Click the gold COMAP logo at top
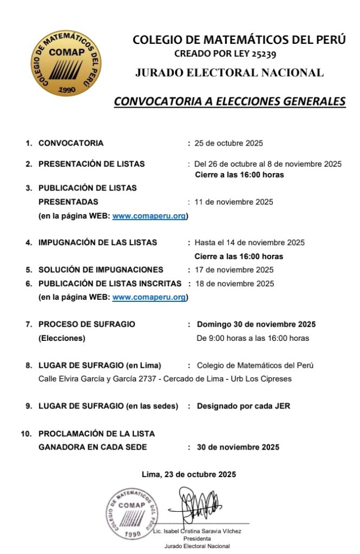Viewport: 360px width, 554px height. click(66, 63)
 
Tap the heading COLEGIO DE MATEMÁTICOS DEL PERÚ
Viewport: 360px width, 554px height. click(239, 40)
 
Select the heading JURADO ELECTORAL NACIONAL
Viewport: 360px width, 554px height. click(230, 72)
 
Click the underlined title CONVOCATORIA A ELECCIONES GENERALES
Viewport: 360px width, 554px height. click(230, 101)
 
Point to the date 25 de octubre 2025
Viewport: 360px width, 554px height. click(228, 143)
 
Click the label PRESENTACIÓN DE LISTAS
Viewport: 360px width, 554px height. click(91, 164)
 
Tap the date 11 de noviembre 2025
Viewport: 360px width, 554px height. click(234, 202)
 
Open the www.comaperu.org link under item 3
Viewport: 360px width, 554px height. click(149, 216)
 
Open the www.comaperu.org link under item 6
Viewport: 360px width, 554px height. click(149, 297)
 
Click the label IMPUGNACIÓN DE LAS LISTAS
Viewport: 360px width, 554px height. click(97, 242)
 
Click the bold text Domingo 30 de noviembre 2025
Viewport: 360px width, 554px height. click(256, 325)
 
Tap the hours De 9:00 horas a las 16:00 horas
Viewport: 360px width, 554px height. click(253, 338)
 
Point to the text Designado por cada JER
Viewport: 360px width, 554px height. click(243, 406)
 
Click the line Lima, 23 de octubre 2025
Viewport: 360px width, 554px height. click(189, 474)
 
